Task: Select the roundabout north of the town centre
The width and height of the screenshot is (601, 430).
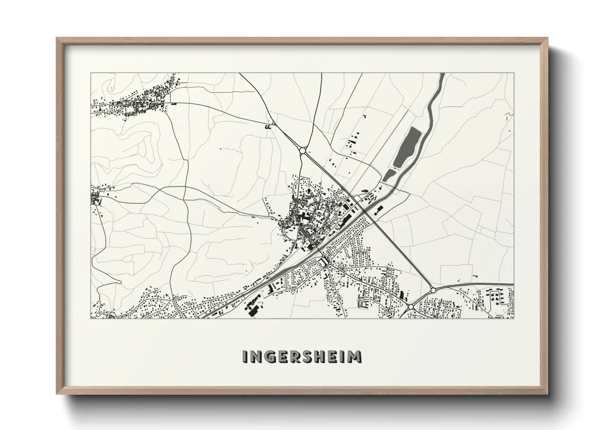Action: (303, 151)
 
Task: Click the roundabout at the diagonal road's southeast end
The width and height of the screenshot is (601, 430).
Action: (433, 290)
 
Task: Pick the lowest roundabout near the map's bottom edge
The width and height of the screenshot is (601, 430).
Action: (411, 306)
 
